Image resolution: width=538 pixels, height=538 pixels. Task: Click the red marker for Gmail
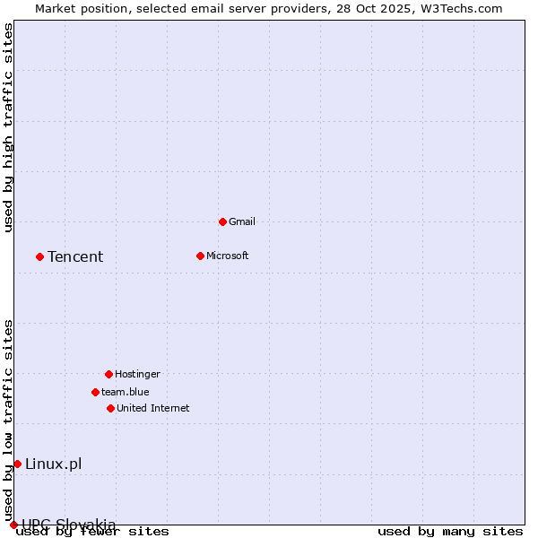222,221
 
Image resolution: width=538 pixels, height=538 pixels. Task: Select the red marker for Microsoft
200,256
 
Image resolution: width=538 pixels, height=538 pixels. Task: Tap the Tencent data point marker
39,256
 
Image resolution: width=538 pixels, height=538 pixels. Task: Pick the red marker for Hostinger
108,374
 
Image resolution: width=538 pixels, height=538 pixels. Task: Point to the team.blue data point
95,392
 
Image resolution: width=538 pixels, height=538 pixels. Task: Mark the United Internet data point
110,408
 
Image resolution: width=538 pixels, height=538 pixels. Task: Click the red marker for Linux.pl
17,464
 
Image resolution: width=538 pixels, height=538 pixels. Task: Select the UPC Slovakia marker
13,525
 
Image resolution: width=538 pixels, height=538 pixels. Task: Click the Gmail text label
242,221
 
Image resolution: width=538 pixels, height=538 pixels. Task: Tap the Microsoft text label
228,256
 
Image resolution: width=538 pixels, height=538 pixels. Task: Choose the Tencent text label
75,257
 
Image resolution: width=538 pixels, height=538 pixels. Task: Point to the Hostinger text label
137,374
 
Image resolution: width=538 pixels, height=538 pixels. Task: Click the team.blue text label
126,392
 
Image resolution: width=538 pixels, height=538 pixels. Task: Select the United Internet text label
153,408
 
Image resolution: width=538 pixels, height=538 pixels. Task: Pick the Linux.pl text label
54,464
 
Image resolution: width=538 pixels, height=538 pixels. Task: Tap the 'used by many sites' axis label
450,531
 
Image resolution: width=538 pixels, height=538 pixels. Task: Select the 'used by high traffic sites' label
9,127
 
